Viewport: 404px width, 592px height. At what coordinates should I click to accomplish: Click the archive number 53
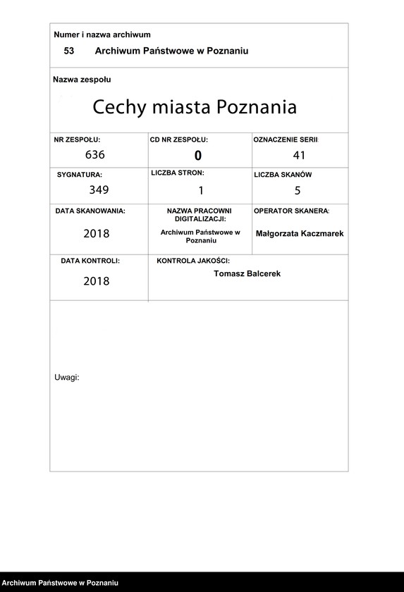[68, 51]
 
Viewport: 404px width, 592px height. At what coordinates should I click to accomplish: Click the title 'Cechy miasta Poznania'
[195, 107]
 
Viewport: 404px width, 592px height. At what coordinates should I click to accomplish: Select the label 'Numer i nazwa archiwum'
[102, 35]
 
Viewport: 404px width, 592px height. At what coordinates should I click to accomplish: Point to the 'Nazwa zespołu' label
[82, 80]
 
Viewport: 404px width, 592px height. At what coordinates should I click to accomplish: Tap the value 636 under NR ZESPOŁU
[94, 154]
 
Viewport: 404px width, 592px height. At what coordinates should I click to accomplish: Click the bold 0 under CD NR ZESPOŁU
[198, 156]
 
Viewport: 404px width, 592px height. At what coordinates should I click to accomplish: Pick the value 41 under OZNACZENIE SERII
[299, 156]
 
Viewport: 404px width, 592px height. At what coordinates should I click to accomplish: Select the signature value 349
[99, 189]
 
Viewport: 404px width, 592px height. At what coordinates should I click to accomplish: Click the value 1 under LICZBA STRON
[200, 190]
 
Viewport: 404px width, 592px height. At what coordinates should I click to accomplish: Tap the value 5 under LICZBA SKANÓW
[298, 190]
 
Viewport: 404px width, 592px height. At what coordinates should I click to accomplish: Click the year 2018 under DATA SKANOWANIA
[97, 233]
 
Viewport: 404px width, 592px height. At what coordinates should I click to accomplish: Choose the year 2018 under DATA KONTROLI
[97, 281]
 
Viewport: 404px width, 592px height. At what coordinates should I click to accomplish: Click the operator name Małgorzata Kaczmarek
[300, 233]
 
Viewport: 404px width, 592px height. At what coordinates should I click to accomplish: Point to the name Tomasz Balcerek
[247, 273]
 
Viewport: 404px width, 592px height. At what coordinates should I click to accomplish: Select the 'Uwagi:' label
[67, 377]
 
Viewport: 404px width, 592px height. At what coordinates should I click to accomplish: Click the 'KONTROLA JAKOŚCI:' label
[193, 261]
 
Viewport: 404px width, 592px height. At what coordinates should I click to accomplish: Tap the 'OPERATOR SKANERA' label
[291, 211]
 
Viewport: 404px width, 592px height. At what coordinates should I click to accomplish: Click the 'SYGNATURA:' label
[80, 174]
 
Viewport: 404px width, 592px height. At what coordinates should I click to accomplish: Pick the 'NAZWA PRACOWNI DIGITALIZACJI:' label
[199, 215]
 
